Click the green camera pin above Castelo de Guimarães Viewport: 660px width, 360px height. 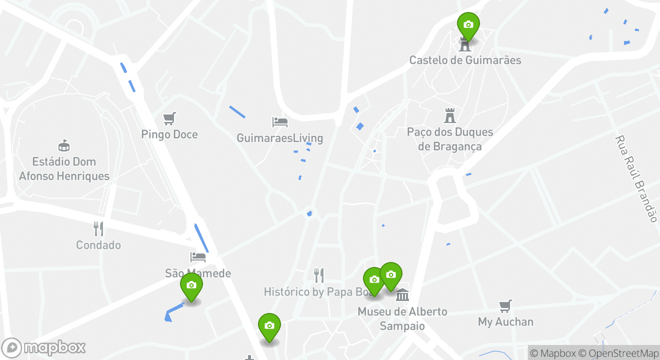[468, 25]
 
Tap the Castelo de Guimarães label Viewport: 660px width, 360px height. [465, 60]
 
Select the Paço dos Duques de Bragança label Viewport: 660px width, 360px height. [450, 139]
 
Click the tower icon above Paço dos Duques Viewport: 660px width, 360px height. [450, 115]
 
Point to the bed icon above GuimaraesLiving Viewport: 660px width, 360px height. [279, 121]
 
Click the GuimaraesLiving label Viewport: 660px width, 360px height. [279, 138]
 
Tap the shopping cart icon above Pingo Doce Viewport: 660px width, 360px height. [169, 118]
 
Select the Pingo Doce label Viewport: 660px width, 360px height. [169, 134]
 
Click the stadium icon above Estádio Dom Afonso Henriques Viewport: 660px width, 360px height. [64, 145]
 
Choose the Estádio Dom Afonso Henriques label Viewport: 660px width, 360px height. [64, 169]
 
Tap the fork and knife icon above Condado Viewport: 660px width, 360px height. [98, 229]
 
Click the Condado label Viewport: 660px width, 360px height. [98, 245]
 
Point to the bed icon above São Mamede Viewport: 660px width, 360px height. [198, 257]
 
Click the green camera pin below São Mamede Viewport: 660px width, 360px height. [191, 285]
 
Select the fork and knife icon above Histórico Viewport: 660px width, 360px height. [318, 275]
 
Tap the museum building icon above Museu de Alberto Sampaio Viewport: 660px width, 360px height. [402, 295]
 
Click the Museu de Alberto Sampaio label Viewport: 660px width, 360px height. [402, 319]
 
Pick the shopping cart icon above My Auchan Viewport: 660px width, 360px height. [505, 306]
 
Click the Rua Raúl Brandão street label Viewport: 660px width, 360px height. [635, 178]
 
